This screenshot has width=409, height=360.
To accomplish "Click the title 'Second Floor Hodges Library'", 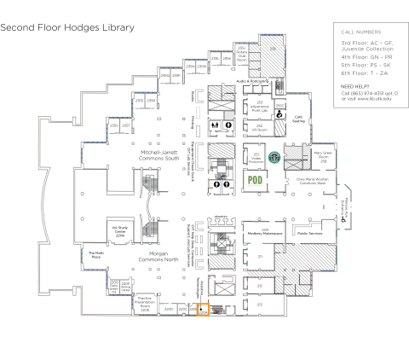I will (67, 27).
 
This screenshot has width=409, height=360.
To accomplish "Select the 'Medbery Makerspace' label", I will (265, 231).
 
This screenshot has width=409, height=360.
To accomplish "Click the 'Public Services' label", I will (309, 231).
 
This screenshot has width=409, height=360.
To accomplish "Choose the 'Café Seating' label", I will (299, 119).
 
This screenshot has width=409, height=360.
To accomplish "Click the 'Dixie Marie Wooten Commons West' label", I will (314, 182).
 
